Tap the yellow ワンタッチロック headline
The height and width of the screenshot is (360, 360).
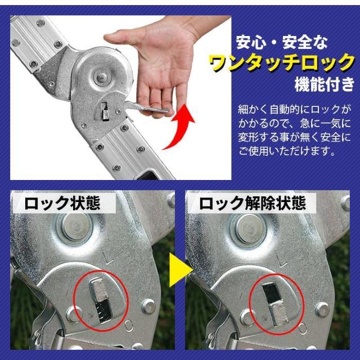[x=281, y=62]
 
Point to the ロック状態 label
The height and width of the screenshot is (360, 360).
[x=62, y=203]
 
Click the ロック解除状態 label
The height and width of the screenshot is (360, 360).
[x=253, y=203]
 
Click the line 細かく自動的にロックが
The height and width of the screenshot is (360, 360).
[x=294, y=109]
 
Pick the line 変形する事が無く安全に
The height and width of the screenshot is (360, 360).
[x=294, y=137]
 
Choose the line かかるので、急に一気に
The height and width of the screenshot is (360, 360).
[x=294, y=123]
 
